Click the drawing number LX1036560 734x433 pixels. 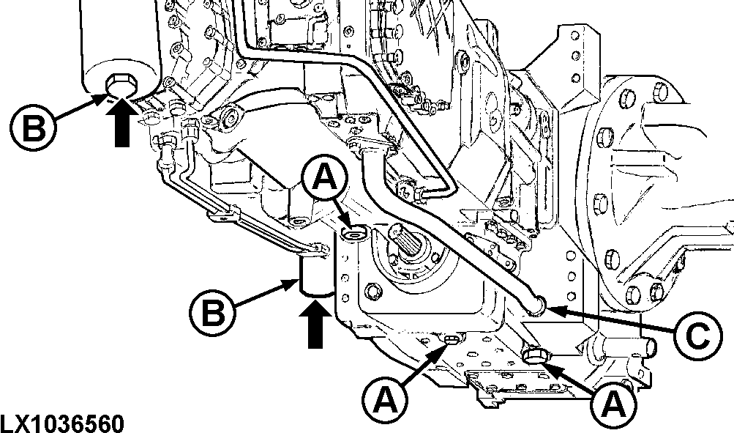[62, 423]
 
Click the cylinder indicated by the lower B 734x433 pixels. [315, 275]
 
